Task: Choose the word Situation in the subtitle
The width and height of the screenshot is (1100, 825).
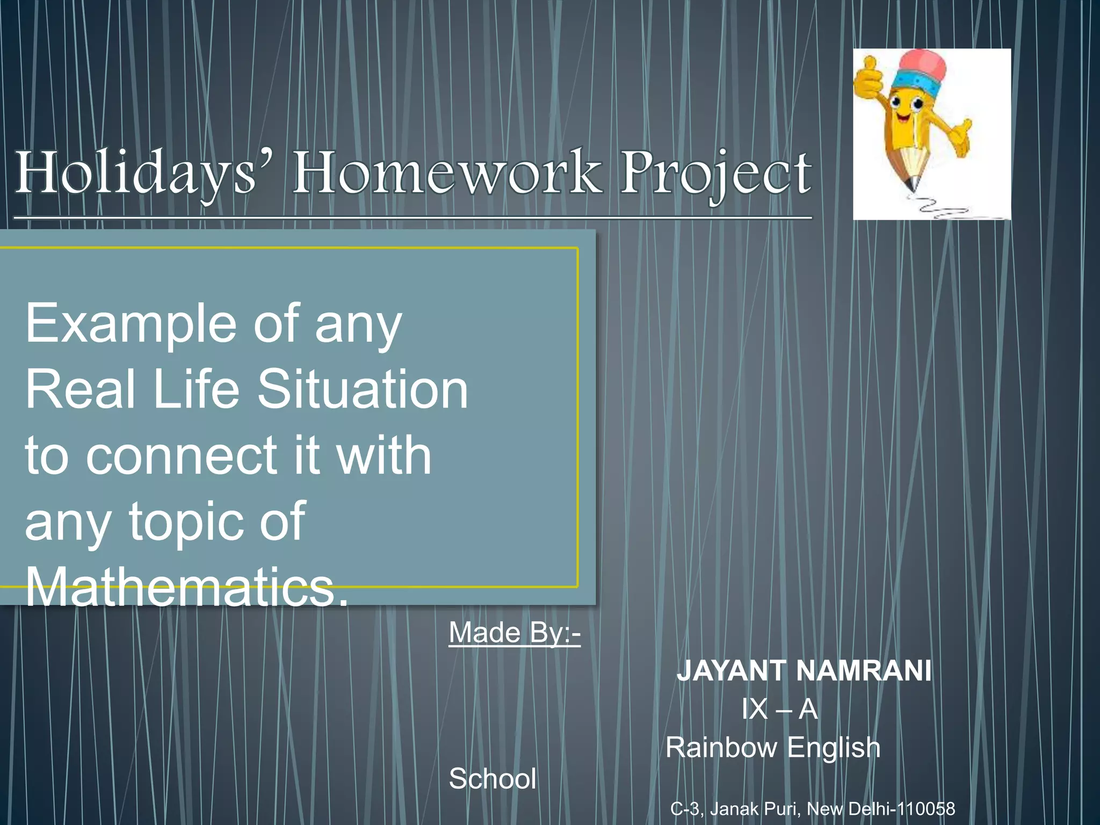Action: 363,389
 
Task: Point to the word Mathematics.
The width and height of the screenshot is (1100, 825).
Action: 185,587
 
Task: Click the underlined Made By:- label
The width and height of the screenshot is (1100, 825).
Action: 514,633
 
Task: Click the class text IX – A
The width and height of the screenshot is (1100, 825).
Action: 779,709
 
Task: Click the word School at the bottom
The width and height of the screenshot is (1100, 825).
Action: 493,779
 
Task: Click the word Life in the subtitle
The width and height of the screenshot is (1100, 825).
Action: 196,389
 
